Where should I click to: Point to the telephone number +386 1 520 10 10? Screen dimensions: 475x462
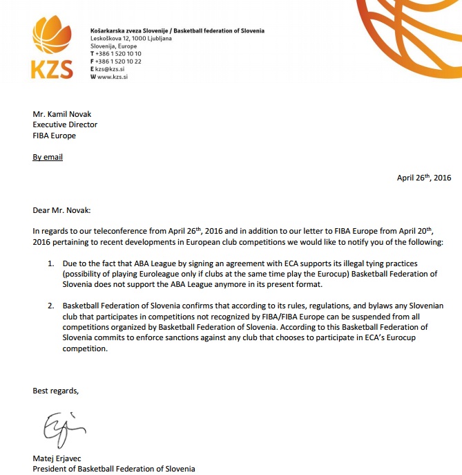click(x=118, y=54)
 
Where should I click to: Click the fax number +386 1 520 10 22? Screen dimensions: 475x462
click(x=118, y=62)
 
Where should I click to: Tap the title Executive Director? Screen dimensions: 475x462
click(x=65, y=125)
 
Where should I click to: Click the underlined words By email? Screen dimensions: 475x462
click(x=48, y=157)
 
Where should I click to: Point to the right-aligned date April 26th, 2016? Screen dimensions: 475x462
click(x=423, y=178)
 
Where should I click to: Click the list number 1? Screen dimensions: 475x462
click(x=51, y=264)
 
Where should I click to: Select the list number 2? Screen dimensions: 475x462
click(x=51, y=306)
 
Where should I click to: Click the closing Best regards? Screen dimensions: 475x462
click(x=56, y=391)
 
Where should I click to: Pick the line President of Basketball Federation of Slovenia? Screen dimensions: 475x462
click(x=114, y=469)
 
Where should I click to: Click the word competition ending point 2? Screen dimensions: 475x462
click(x=86, y=349)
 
